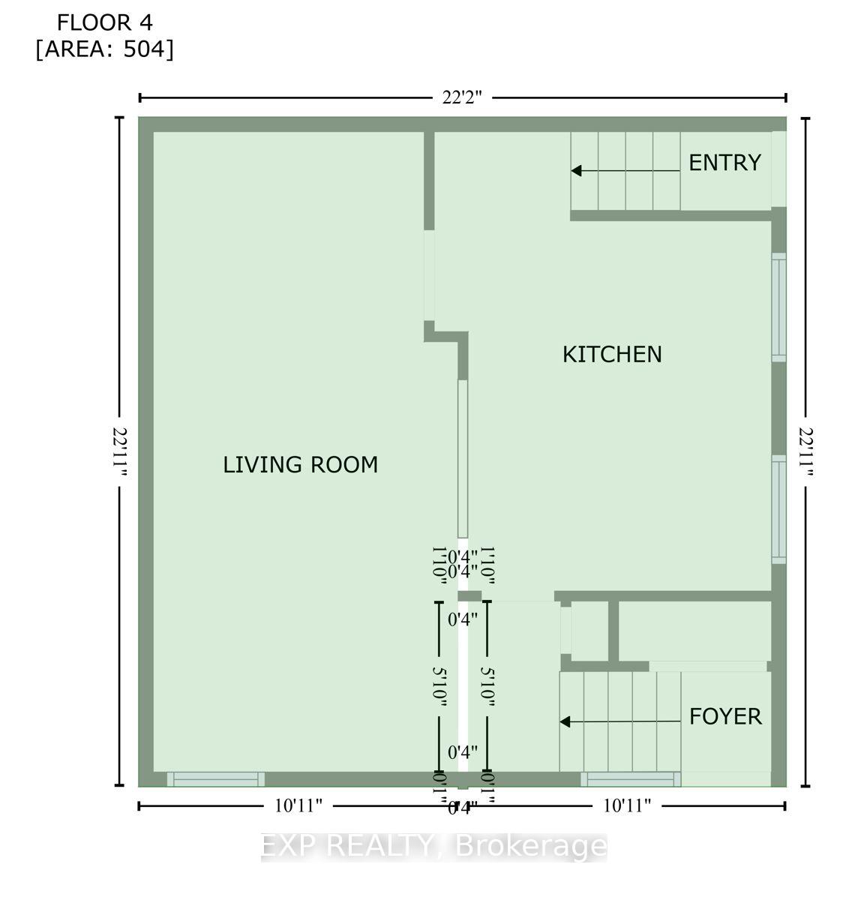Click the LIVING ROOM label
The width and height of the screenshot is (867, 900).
(300, 465)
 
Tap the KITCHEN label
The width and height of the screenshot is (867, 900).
(612, 354)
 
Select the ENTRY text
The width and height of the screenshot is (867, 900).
(724, 163)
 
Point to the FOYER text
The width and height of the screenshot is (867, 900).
(725, 717)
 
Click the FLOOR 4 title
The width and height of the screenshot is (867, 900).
(104, 22)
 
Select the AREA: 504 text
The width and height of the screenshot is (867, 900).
(104, 49)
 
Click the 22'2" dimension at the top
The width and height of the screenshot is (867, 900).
(461, 97)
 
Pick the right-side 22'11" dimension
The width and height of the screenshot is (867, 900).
(806, 451)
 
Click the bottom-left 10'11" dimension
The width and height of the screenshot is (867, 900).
(298, 806)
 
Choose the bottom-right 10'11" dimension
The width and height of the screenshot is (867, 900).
(626, 806)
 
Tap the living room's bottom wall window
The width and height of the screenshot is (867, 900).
(215, 779)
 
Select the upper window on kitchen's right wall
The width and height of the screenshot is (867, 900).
(779, 307)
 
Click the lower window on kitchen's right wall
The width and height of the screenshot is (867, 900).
(779, 510)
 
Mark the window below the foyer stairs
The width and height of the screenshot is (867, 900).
(630, 779)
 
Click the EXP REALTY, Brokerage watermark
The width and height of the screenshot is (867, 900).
(433, 846)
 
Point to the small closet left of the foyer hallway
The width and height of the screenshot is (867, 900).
(589, 631)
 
